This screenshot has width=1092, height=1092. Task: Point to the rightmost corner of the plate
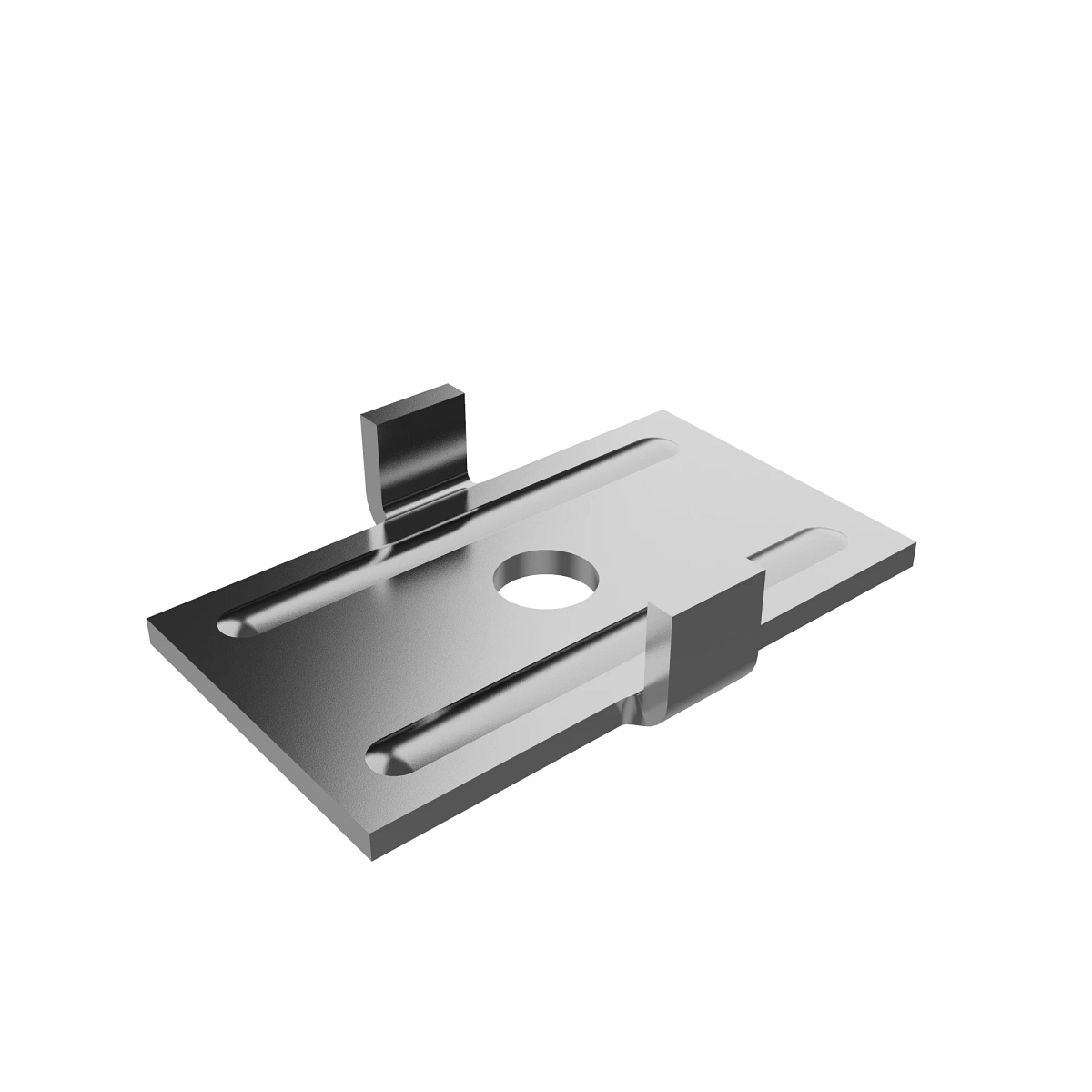[914, 546]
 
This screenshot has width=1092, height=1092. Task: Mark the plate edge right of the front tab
[837, 591]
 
